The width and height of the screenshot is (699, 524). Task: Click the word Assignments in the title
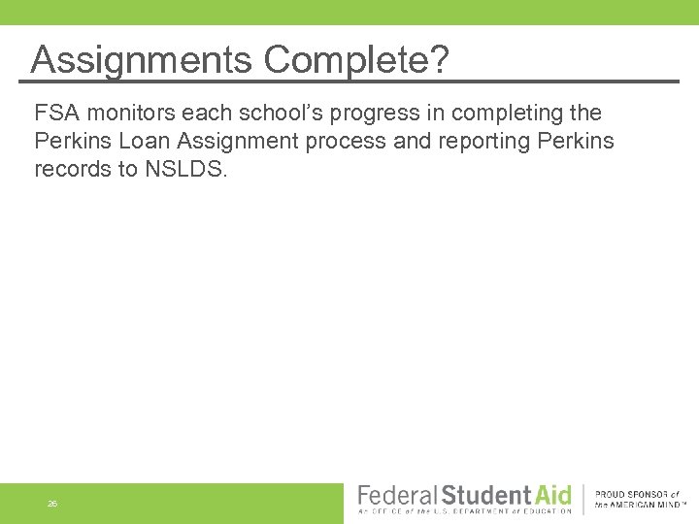[x=143, y=60]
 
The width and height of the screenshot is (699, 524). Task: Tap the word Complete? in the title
[x=357, y=60]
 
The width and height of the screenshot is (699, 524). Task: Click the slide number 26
[x=52, y=504]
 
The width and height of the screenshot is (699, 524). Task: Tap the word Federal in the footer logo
[x=397, y=495]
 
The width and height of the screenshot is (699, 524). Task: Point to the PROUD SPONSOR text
[x=636, y=494]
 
